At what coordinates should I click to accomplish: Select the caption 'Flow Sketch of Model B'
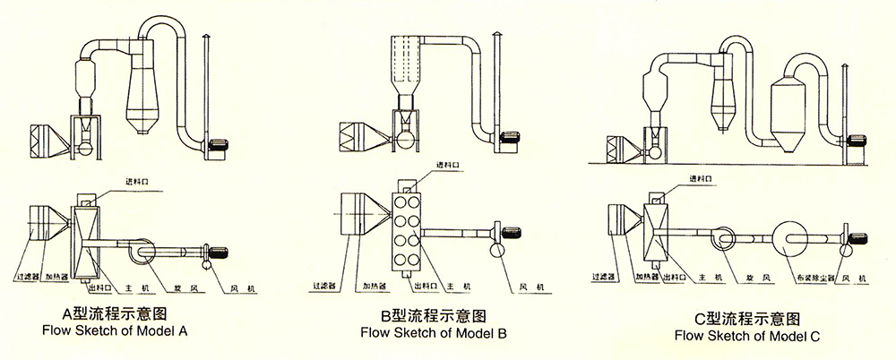coord(433,334)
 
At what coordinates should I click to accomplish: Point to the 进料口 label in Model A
coord(142,182)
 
